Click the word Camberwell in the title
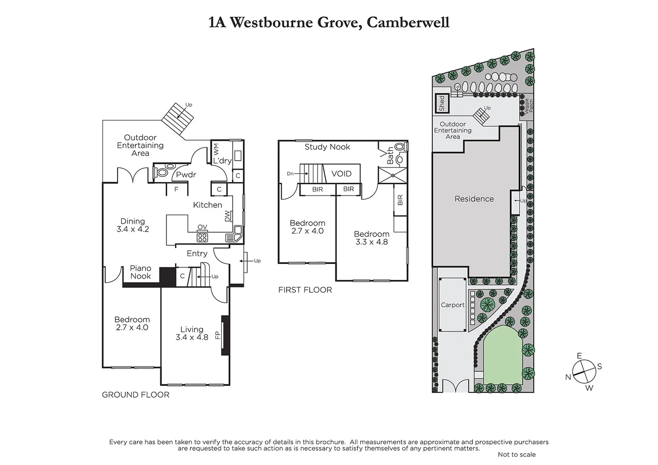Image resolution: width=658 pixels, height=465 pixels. [x=407, y=22]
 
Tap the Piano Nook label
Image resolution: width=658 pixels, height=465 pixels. [x=140, y=272]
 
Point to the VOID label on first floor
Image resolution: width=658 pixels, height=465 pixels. [x=341, y=174]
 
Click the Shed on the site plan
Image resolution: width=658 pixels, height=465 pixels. [x=441, y=103]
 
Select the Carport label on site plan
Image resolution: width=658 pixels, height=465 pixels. [x=453, y=305]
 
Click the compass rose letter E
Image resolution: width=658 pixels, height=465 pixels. [x=579, y=356]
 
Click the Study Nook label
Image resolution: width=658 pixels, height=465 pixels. [x=327, y=147]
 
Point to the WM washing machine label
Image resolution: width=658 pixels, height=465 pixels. [x=217, y=150]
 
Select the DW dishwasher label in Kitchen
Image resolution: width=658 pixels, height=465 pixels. [x=227, y=216]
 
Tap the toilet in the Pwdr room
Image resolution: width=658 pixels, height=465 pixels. [x=162, y=173]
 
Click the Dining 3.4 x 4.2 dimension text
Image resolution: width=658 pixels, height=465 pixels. [x=133, y=229]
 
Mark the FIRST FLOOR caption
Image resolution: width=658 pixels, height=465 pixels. [x=305, y=290]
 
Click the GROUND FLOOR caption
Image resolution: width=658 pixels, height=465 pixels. [x=136, y=394]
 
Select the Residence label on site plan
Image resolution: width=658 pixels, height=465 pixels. [x=474, y=198]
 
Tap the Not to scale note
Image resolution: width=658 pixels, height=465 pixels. [x=516, y=454]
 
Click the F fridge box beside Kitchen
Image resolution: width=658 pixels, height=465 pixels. [x=177, y=189]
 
